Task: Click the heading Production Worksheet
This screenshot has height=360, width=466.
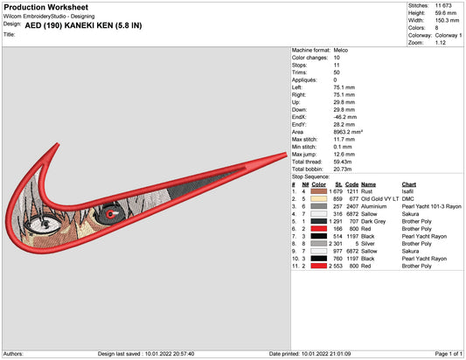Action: point(46,7)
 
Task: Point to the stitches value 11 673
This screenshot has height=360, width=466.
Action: point(443,5)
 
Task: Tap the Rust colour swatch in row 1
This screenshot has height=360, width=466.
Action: point(318,191)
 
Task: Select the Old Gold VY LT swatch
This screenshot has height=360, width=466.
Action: point(318,199)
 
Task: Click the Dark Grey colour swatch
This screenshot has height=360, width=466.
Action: point(318,221)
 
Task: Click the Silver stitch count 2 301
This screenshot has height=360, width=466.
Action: point(336,244)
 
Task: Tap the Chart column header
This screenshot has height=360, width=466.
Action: point(409,184)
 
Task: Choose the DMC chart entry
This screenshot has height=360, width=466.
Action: point(407,199)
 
